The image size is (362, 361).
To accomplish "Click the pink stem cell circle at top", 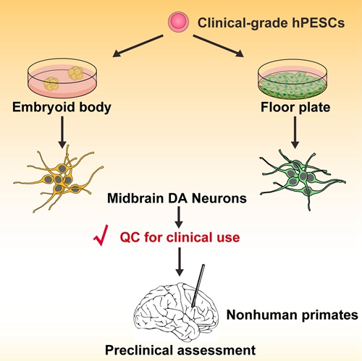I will coord(177,24).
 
